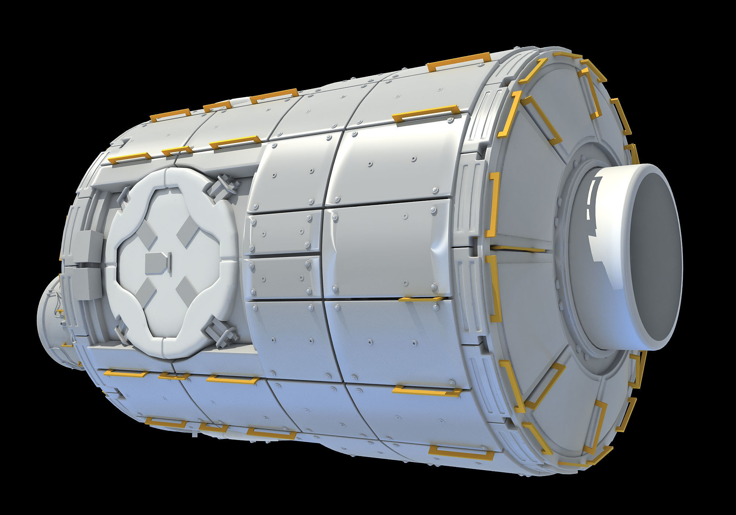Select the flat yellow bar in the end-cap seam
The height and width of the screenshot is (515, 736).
pos(519,249)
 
